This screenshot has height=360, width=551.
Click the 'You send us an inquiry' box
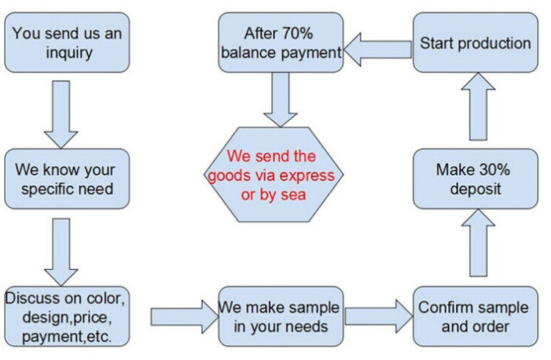point(67,43)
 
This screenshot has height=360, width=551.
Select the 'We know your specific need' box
point(67,179)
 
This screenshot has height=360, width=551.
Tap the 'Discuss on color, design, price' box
point(67,317)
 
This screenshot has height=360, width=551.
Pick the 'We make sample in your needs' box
point(281,317)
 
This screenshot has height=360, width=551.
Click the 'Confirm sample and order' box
point(475,317)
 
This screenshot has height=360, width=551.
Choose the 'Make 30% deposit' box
point(475,179)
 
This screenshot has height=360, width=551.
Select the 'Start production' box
point(475,43)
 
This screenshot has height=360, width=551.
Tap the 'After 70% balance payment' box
point(281,43)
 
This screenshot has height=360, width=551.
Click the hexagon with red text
point(274,175)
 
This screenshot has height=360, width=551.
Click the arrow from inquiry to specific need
point(61,115)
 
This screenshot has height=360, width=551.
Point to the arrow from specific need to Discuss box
point(61,252)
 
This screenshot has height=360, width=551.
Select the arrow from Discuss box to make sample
point(184,317)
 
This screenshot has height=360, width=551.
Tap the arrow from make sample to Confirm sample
point(379,317)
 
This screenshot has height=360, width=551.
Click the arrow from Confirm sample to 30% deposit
point(478,243)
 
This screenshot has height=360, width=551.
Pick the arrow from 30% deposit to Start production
point(478,107)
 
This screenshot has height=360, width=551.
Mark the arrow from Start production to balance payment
point(378,49)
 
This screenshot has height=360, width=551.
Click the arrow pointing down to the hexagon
point(281,100)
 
